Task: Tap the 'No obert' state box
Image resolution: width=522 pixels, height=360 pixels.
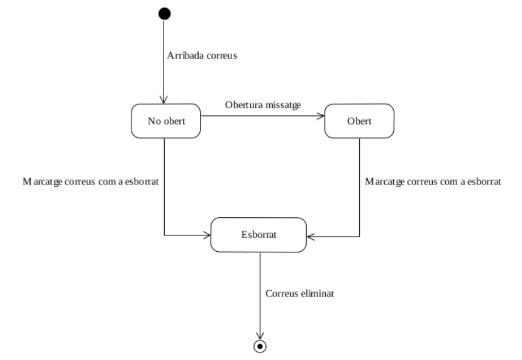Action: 167,121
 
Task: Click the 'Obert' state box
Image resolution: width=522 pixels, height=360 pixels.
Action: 358,121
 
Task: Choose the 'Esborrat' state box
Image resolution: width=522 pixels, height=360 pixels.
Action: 258,235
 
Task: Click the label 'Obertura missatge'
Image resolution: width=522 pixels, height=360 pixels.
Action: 262,105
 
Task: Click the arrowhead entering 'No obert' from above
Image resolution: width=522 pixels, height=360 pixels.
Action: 165,101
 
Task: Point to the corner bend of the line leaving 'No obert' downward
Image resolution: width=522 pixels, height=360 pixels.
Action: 165,236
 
